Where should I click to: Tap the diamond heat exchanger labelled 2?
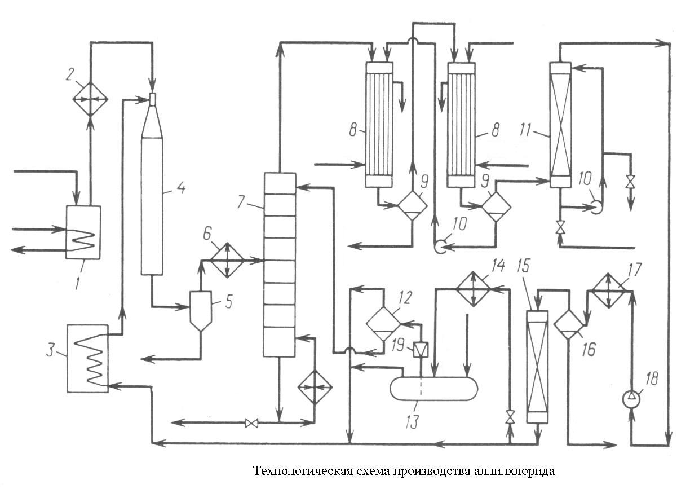point(90,99)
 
